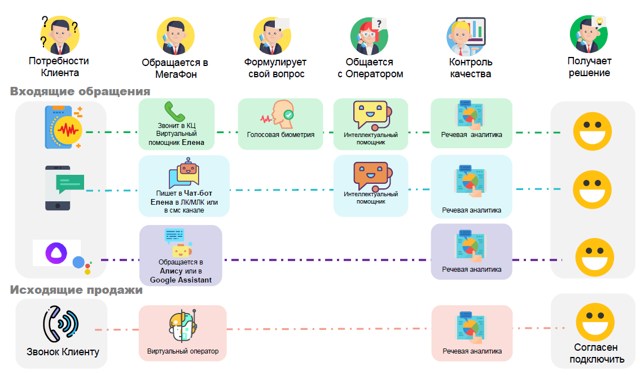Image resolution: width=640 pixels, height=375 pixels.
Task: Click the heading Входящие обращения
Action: (x=80, y=92)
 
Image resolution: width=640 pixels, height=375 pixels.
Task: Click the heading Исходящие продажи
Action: (x=76, y=291)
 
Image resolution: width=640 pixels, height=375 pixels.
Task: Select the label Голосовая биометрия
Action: (x=280, y=135)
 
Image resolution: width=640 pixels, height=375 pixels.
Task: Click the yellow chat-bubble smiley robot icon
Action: (x=370, y=115)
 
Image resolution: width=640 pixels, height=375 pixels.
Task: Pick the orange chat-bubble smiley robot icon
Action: (x=370, y=177)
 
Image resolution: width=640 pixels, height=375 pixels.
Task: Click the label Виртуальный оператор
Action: (x=182, y=351)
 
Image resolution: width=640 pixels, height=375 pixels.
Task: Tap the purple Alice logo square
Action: (x=56, y=253)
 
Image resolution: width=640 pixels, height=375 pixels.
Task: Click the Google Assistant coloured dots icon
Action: (x=82, y=263)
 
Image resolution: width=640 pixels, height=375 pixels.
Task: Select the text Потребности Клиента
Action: (x=59, y=67)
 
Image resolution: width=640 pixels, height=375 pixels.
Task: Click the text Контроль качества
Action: (x=471, y=68)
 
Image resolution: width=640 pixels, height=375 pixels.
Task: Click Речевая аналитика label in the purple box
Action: (x=471, y=270)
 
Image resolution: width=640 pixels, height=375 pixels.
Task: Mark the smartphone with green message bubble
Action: (x=64, y=188)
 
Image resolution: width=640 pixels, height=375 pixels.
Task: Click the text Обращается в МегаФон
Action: (x=176, y=68)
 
